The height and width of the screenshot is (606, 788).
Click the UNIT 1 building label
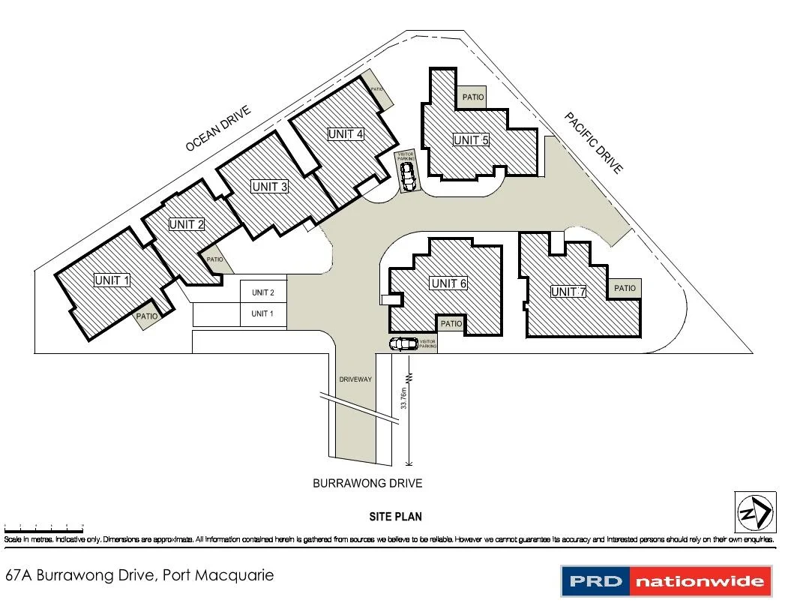pyautogui.click(x=112, y=280)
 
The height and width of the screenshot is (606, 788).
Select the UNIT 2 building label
pyautogui.click(x=187, y=224)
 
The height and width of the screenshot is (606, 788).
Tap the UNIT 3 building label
pyautogui.click(x=270, y=187)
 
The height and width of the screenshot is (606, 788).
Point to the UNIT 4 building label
pyautogui.click(x=346, y=134)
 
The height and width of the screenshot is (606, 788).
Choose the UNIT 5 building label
pyautogui.click(x=471, y=140)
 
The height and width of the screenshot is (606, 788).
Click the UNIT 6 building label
pyautogui.click(x=449, y=283)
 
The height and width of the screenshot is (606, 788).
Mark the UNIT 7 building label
pyautogui.click(x=568, y=292)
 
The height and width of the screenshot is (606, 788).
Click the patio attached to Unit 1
pyautogui.click(x=147, y=316)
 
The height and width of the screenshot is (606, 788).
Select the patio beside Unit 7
pyautogui.click(x=625, y=288)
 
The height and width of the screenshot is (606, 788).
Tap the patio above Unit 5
pyautogui.click(x=472, y=97)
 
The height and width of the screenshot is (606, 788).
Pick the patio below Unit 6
pyautogui.click(x=451, y=324)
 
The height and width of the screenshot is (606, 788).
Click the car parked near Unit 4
pyautogui.click(x=407, y=177)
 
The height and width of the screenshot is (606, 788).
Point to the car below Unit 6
pyautogui.click(x=403, y=344)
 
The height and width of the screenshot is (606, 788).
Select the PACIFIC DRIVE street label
pyautogui.click(x=594, y=143)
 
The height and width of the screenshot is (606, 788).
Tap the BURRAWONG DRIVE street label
pyautogui.click(x=367, y=484)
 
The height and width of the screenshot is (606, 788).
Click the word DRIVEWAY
pyautogui.click(x=353, y=379)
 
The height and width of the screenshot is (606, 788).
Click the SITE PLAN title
pyautogui.click(x=396, y=517)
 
